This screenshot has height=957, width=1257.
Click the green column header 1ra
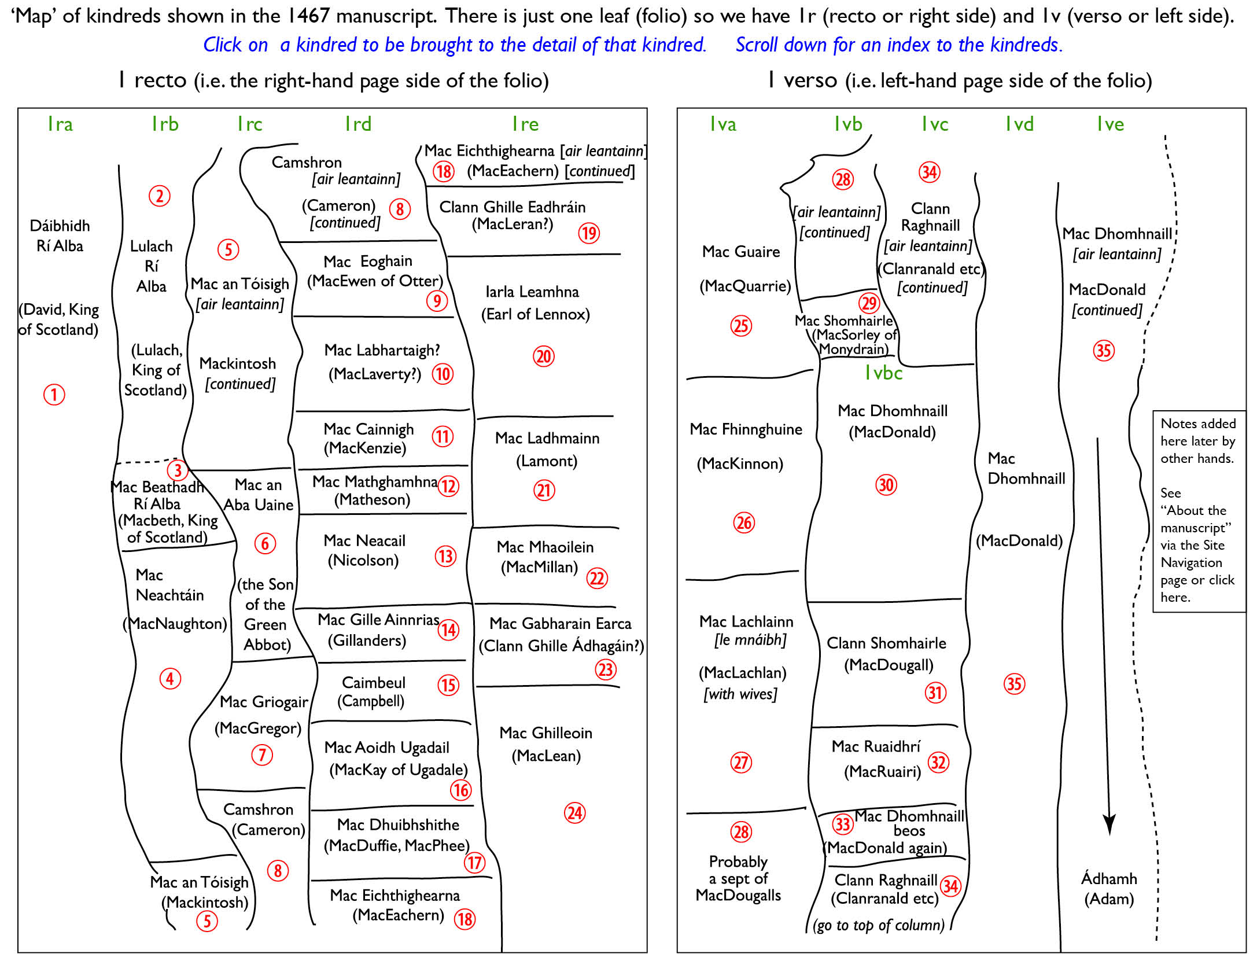[x=60, y=124]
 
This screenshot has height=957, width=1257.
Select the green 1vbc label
[x=883, y=373]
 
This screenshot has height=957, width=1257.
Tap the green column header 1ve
[x=1110, y=124]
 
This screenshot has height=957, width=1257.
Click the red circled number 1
[x=54, y=395]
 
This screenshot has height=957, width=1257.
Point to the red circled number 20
[x=544, y=356]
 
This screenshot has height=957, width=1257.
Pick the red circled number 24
[x=574, y=813]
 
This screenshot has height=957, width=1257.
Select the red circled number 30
[x=886, y=485]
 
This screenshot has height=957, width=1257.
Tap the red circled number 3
[x=178, y=470]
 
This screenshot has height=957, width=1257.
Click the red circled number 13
[x=445, y=557]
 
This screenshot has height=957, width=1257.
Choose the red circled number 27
[x=742, y=763]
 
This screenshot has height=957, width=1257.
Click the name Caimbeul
[x=374, y=683]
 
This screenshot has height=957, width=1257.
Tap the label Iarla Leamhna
[x=532, y=292]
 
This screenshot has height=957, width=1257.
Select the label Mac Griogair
[x=264, y=702]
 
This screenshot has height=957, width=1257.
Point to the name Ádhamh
[x=1109, y=878]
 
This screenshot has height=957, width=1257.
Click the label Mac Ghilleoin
[x=546, y=733]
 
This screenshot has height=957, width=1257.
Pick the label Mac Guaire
[x=741, y=252]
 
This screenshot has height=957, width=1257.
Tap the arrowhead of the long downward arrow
[x=1109, y=825]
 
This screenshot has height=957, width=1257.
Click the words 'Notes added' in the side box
[x=1198, y=424]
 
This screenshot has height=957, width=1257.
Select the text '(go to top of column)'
[x=879, y=925]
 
